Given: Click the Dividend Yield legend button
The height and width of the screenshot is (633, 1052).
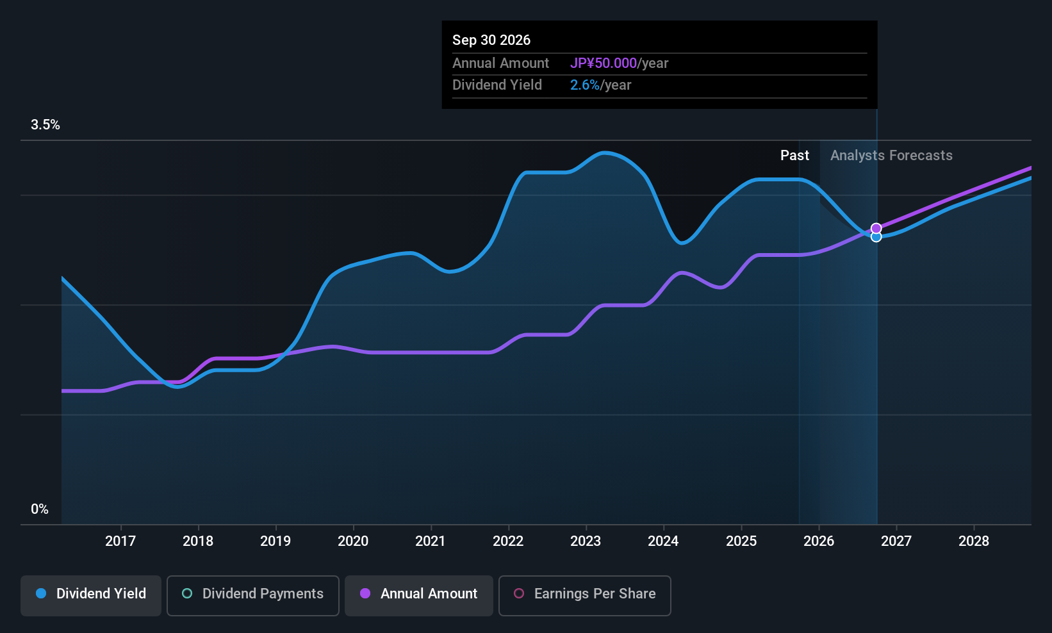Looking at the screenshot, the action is pos(90,595).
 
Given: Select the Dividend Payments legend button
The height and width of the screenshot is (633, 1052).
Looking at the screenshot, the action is pos(252,595).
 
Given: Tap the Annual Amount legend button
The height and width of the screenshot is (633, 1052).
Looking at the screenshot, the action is pos(418,595).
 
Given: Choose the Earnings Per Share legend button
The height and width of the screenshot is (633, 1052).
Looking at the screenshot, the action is pos(585,595).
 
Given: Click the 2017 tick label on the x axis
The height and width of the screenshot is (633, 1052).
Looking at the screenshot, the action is pos(120,541).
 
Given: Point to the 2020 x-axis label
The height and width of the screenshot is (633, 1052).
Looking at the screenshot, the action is pos(353,541).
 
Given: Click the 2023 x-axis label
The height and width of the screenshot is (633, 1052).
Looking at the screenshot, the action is pos(586,541).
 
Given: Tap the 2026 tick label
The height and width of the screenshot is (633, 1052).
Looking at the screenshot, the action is pos(819,541).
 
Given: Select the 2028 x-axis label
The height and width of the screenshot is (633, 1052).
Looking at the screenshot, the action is pos(974,541).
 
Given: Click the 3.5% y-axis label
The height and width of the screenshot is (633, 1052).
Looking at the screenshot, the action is pos(45,125).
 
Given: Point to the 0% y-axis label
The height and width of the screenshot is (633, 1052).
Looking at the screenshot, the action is pos(40,509).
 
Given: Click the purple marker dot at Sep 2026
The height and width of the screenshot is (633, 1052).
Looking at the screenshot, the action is pos(876,229).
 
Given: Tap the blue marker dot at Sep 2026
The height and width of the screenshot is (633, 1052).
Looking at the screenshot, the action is pos(876,237).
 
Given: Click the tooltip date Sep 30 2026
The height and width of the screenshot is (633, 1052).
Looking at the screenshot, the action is pos(491,40).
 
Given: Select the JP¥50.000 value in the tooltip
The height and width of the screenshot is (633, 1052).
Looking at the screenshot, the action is pos(604,63).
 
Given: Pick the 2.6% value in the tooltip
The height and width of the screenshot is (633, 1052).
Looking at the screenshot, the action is pos(585,85).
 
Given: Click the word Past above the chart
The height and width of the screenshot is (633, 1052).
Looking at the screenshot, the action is pos(794,156).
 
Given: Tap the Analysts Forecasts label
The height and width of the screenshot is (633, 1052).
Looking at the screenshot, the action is pos(891,156).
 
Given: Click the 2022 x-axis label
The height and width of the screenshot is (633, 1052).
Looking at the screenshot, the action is pos(508,541).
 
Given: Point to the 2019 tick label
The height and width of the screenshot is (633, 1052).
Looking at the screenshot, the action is pos(275,541).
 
